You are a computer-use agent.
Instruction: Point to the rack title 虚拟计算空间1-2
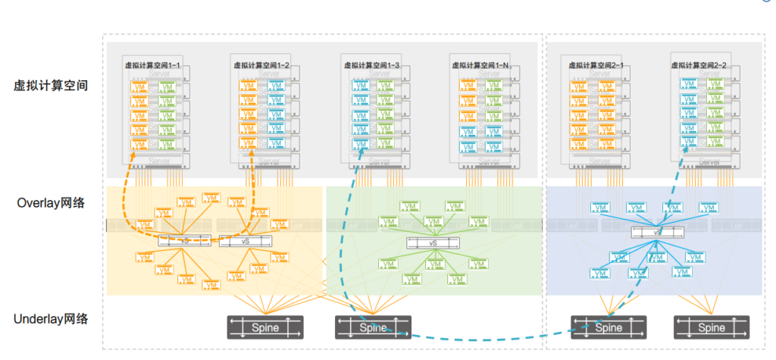tap(261, 66)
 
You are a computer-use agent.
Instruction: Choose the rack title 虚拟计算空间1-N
tap(479, 66)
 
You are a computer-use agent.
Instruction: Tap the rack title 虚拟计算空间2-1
tap(596, 66)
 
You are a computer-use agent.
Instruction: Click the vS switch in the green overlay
tap(433, 243)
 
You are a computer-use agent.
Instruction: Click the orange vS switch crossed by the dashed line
tap(185, 240)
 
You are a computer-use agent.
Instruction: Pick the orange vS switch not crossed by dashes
tap(244, 241)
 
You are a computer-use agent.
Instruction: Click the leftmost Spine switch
tap(265, 327)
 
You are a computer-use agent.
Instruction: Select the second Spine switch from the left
tap(373, 327)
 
